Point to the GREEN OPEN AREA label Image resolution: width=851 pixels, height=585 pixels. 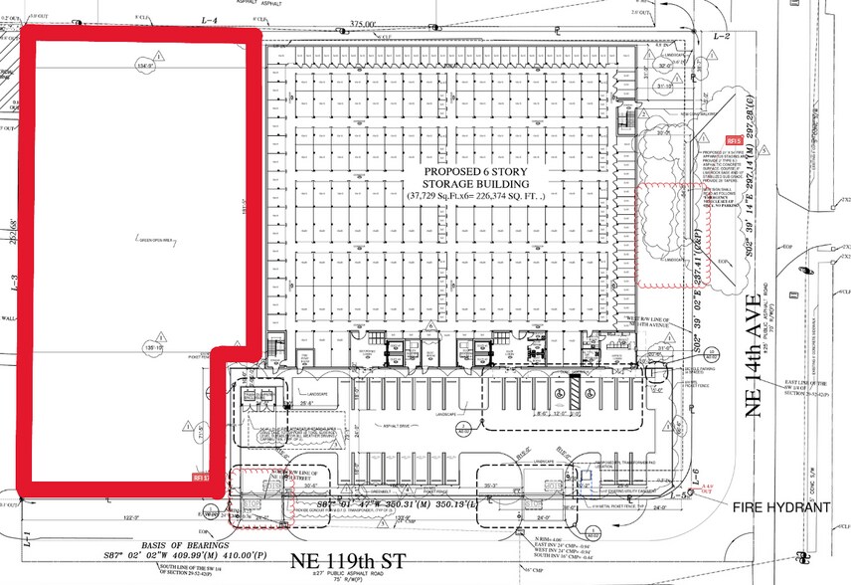coord(155,239)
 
